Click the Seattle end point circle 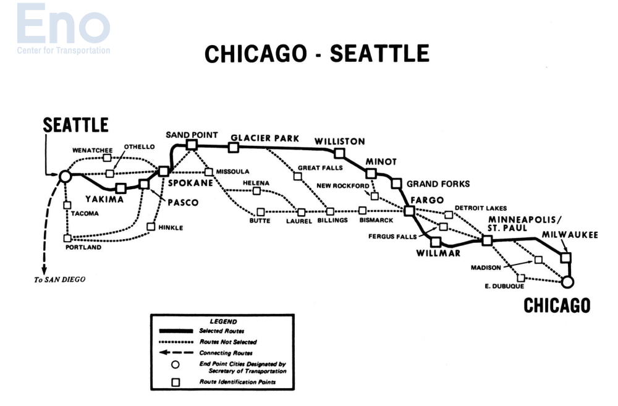pyautogui.click(x=65, y=177)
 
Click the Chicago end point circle pyautogui.click(x=568, y=282)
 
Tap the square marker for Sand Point pyautogui.click(x=192, y=145)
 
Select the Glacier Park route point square pyautogui.click(x=233, y=147)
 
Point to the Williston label pyautogui.click(x=339, y=141)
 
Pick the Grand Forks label pyautogui.click(x=438, y=184)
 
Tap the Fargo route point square pyautogui.click(x=409, y=211)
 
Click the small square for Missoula pyautogui.click(x=209, y=172)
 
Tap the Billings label pyautogui.click(x=333, y=220)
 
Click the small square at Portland pyautogui.click(x=67, y=238)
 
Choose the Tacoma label pyautogui.click(x=85, y=213)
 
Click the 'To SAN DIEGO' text pyautogui.click(x=59, y=279)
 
